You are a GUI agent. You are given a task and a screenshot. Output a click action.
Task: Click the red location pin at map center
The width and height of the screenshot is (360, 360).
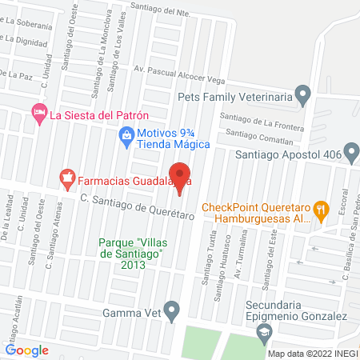(x=180, y=175)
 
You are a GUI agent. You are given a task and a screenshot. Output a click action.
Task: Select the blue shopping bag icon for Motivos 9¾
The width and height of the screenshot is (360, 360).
(x=126, y=138)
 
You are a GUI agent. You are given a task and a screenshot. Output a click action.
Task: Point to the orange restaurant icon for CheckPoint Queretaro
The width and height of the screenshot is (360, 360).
(x=321, y=211)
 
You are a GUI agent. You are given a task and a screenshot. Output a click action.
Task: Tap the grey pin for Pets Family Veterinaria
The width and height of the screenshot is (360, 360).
(x=302, y=95)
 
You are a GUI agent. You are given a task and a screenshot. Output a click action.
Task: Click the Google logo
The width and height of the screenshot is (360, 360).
(x=26, y=350)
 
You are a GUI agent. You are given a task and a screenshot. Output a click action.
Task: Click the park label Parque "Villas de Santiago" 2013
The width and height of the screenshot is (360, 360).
(x=130, y=254)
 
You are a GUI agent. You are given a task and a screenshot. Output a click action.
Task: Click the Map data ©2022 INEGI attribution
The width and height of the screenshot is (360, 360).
(x=312, y=354)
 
